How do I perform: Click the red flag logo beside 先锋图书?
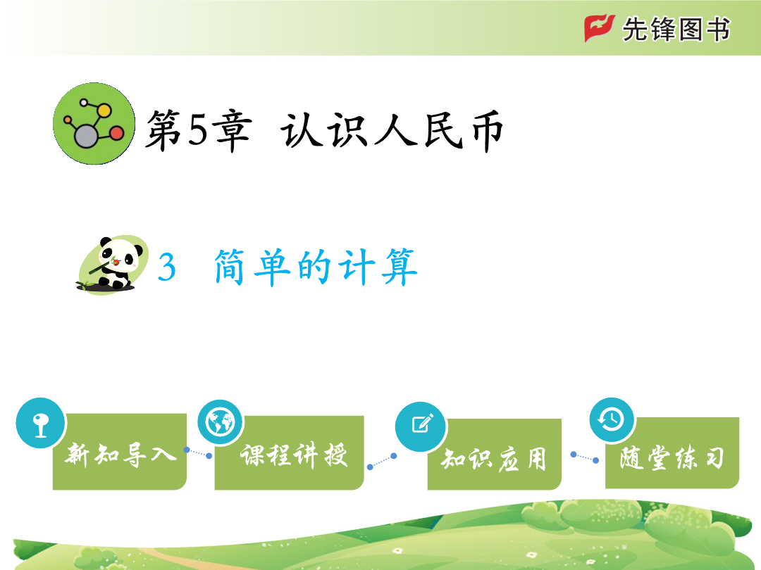coord(600,28)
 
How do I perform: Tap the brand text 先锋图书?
coord(676,30)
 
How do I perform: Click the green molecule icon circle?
coord(94,124)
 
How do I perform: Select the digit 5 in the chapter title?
coord(197,130)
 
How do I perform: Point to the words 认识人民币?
coord(391,130)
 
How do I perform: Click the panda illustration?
coord(113,265)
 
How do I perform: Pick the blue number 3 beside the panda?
coord(166,267)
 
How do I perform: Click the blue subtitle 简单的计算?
coord(316,267)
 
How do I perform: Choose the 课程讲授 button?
coord(290,452)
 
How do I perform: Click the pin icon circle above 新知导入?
coord(40,423)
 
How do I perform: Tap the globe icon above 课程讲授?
coord(221,422)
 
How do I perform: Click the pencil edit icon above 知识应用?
coord(421,426)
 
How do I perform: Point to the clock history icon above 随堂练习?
coord(612,419)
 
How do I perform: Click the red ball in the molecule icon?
coord(117,133)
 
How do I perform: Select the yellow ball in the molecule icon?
coord(104,110)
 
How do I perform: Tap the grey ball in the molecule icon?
coord(86,137)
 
